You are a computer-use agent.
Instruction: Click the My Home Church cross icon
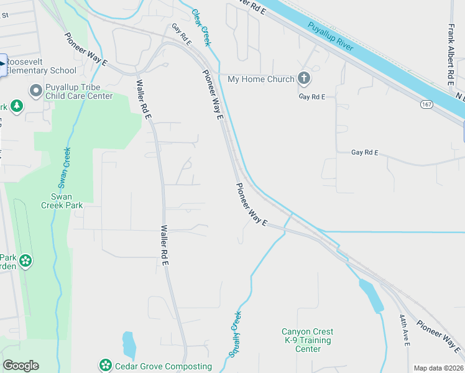(x=303, y=78)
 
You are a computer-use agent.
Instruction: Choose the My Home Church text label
(x=261, y=79)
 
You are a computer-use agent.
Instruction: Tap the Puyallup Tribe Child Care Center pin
(x=35, y=91)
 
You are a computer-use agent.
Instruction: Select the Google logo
(x=21, y=366)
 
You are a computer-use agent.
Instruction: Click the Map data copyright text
(x=438, y=368)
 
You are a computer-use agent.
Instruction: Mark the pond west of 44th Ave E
(x=371, y=296)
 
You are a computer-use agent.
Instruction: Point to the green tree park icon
(x=17, y=106)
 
